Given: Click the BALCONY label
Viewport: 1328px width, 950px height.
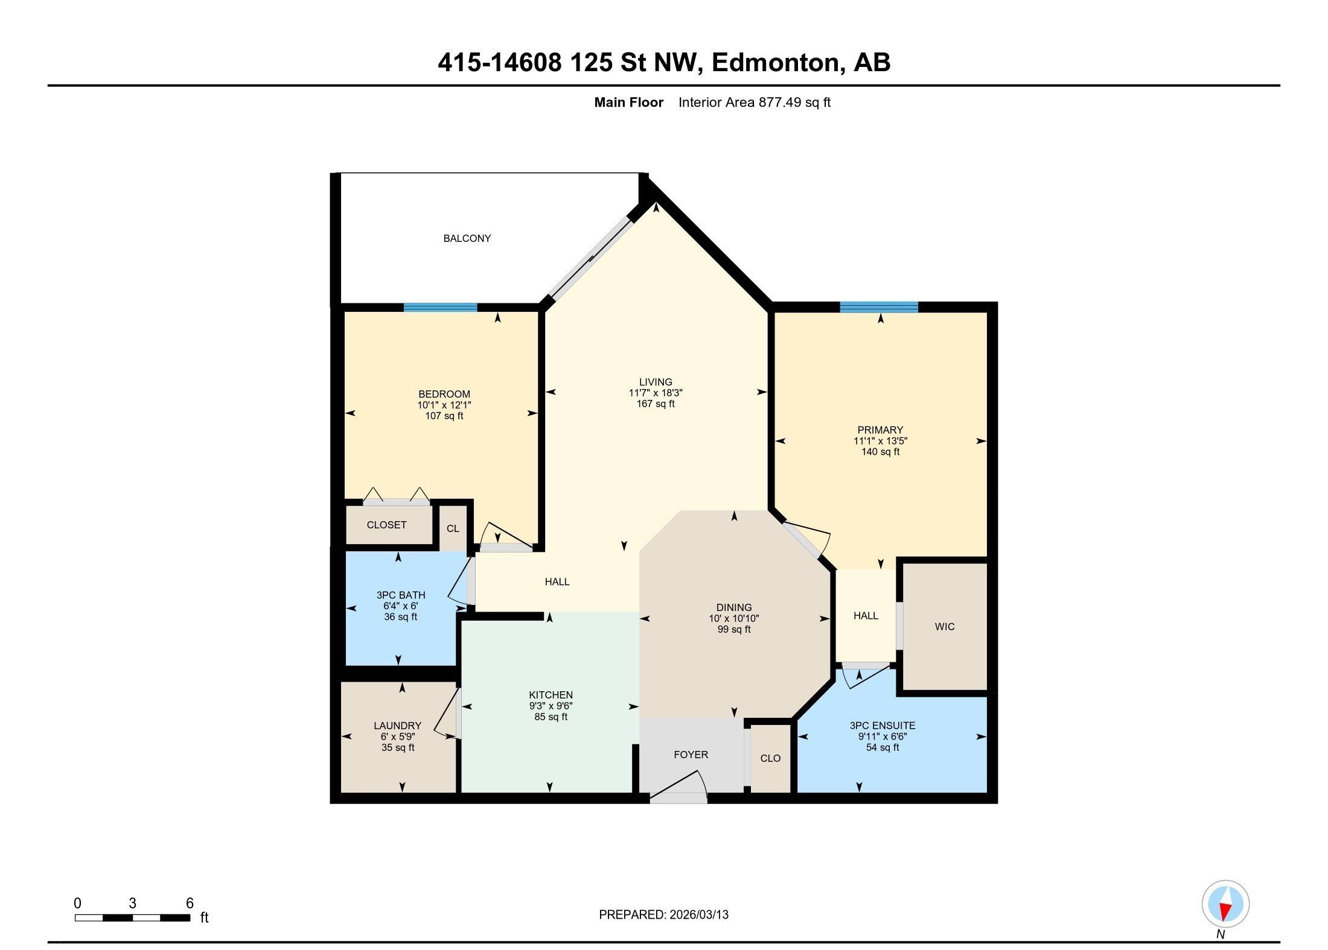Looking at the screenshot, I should click(x=467, y=238).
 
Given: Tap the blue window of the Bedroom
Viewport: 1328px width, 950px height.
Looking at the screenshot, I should click(x=440, y=307).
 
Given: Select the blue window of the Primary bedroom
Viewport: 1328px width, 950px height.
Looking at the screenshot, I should click(x=878, y=307).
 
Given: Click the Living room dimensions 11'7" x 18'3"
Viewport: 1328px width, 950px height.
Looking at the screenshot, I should click(x=656, y=393).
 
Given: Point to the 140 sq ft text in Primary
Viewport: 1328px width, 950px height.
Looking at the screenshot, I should click(x=880, y=452).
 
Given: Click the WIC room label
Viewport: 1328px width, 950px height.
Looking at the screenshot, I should click(x=944, y=627).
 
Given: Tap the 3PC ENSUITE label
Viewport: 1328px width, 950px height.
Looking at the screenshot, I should click(x=882, y=726).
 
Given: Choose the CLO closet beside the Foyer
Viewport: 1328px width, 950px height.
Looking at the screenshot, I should click(x=770, y=758).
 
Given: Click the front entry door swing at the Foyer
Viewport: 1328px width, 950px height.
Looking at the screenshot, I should click(x=679, y=787).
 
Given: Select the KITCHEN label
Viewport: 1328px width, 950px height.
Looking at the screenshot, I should click(x=551, y=695).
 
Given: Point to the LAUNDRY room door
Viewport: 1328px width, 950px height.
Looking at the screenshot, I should click(x=447, y=715).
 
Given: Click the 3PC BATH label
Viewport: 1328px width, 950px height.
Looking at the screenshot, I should click(x=400, y=595).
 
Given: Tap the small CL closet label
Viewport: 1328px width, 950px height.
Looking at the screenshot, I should click(x=453, y=528).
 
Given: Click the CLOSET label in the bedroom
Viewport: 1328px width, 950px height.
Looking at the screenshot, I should click(x=386, y=525).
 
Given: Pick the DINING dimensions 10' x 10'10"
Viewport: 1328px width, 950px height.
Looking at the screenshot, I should click(x=733, y=618).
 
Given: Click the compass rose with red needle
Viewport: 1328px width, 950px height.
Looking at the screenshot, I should click(x=1225, y=904).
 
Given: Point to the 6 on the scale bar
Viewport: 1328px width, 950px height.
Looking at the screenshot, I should click(x=190, y=903).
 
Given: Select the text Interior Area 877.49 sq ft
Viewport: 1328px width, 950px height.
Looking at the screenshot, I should click(x=754, y=103).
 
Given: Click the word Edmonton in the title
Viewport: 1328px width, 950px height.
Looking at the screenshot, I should click(x=775, y=63).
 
